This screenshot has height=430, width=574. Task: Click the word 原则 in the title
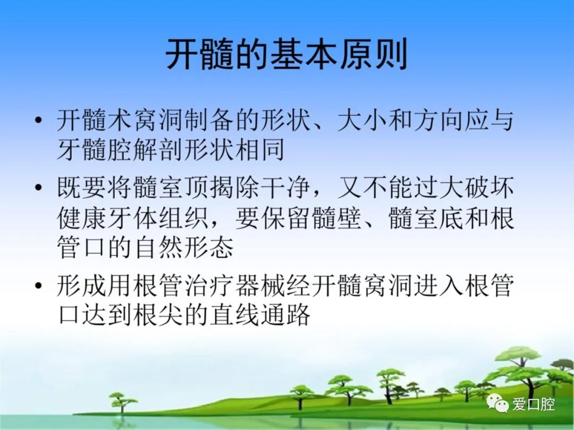pos(375,55)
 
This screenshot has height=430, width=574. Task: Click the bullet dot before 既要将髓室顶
pos(38,187)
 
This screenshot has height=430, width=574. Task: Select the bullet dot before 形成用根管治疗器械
pos(38,285)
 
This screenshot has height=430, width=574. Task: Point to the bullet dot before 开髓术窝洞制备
pos(38,119)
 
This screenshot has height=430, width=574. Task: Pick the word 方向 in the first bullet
pos(438,120)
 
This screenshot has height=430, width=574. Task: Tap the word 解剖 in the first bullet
pos(159,149)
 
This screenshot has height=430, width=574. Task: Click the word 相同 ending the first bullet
pos(260,149)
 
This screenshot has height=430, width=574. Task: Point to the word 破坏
pos(489,187)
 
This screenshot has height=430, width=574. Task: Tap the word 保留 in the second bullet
pos(285,218)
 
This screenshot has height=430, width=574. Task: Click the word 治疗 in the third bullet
pos(209,285)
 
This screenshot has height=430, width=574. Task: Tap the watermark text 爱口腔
pos(534,404)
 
